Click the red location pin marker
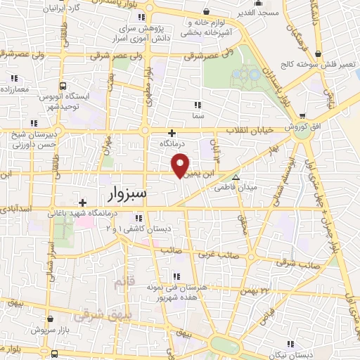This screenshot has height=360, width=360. click(181, 164)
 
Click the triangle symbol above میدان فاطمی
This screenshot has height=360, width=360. click(236, 178)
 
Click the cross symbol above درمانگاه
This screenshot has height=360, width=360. click(172, 132)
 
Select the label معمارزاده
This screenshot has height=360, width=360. click(15, 90)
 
